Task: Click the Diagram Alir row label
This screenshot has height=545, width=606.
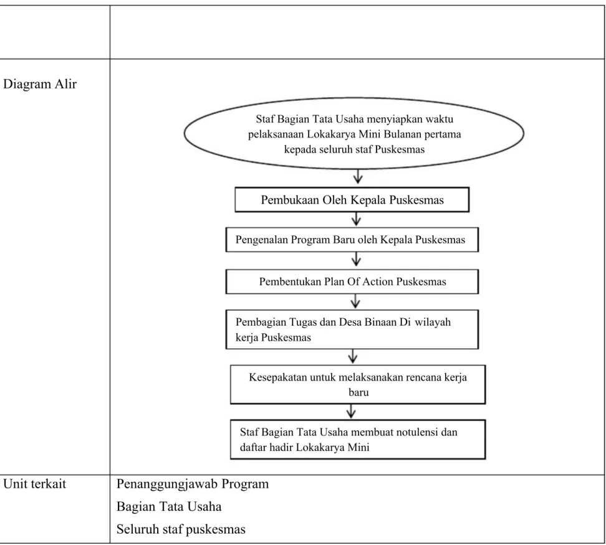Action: (x=40, y=84)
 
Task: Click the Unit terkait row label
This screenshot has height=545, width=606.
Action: (x=34, y=483)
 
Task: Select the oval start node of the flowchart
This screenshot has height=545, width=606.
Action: (x=354, y=133)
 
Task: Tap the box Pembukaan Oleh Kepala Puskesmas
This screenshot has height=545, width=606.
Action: (x=352, y=199)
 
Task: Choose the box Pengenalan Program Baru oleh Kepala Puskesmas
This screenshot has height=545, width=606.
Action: (x=352, y=240)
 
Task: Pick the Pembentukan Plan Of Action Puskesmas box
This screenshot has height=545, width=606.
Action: (x=352, y=282)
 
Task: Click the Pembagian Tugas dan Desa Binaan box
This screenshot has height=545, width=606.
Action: (x=352, y=329)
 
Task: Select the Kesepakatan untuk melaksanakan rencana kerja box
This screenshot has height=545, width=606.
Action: (x=358, y=384)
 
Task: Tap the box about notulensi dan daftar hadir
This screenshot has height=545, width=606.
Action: (x=358, y=440)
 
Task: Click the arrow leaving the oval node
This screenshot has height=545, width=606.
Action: (x=358, y=176)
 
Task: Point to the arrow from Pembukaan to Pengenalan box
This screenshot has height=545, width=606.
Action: (x=356, y=219)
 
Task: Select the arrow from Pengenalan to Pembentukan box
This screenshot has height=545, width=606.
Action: (x=356, y=259)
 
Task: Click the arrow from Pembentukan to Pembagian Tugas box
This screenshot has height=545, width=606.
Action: (x=355, y=301)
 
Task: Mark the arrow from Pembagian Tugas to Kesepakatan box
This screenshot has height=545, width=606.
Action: (x=352, y=356)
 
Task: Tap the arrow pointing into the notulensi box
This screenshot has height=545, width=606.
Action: (x=351, y=412)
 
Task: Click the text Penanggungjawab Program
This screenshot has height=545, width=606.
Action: (x=193, y=484)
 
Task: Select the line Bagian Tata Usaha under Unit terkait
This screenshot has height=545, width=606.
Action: (x=169, y=506)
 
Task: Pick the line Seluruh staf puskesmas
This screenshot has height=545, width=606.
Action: (x=181, y=529)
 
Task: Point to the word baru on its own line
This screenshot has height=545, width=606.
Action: (x=358, y=392)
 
